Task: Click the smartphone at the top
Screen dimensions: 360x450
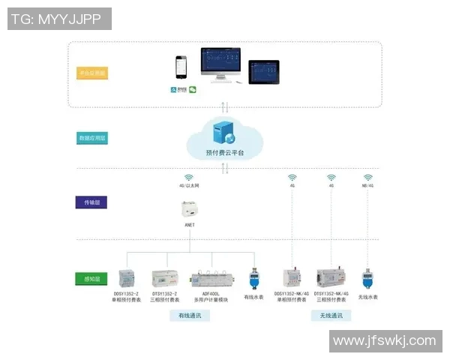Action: pos(180,67)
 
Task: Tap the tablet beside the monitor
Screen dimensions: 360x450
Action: pos(264,72)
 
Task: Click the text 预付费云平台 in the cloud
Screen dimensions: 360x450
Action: pos(224,152)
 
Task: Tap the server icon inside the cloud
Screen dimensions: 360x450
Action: pos(223,133)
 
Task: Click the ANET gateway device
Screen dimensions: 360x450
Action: pos(190,210)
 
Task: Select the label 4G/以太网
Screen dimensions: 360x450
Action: pos(190,184)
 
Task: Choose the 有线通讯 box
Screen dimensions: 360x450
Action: pos(190,316)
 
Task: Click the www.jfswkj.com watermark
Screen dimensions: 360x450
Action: pos(383,341)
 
